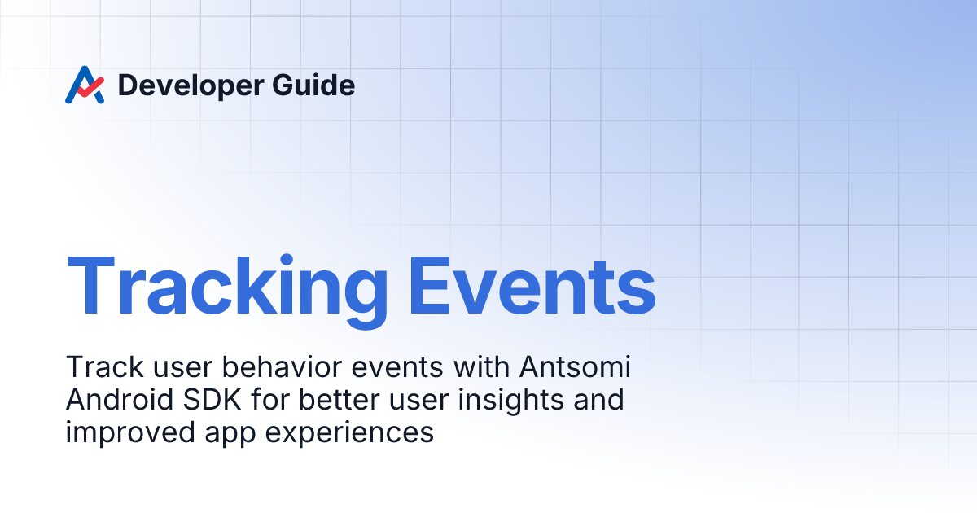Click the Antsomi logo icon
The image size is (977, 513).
(85, 85)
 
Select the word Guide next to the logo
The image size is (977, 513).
(316, 85)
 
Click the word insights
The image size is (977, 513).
(480, 400)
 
